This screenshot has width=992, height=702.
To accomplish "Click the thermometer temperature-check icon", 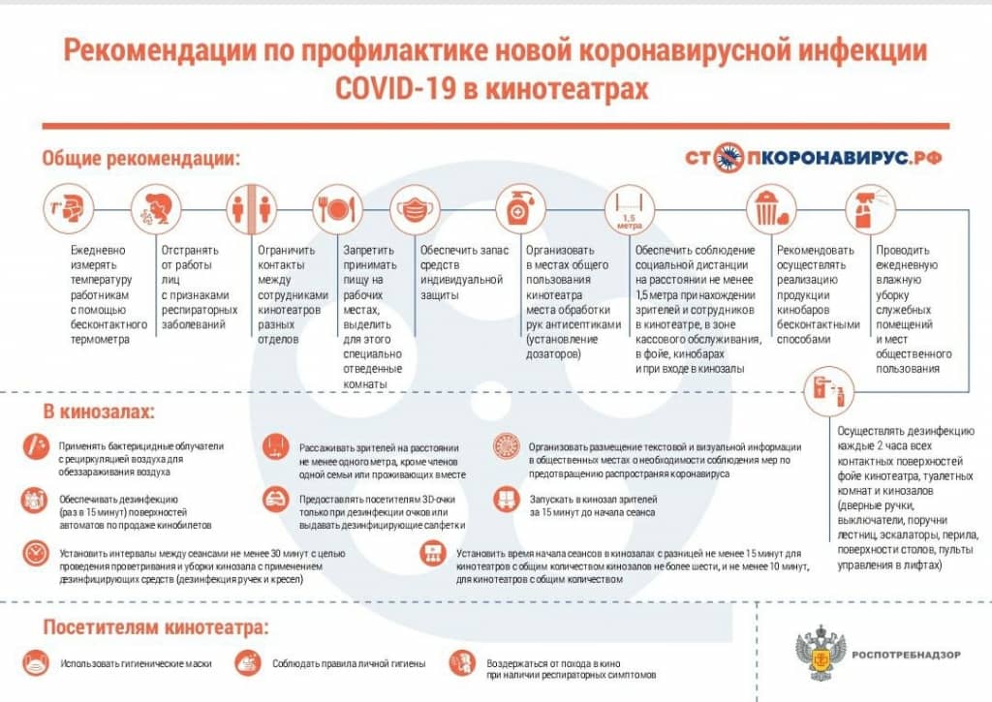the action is click(x=70, y=208).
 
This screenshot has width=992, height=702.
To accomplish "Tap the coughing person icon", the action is click(x=156, y=208).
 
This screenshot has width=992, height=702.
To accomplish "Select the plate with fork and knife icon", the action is click(x=338, y=208).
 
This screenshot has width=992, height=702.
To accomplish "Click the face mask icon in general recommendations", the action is click(x=415, y=208).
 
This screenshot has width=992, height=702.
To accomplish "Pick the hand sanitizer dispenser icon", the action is click(x=520, y=208).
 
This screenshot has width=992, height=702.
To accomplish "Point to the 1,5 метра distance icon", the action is click(x=630, y=208).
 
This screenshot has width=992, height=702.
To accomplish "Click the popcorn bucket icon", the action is click(x=771, y=208).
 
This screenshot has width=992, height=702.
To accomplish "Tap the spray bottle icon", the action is click(x=871, y=208).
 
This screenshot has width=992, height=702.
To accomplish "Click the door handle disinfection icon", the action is click(x=829, y=391).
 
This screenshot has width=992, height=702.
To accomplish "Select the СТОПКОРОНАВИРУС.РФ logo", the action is click(x=814, y=158).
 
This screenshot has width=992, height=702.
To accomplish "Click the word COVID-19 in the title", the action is click(x=395, y=88).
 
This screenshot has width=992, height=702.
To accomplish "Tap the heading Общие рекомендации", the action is click(x=141, y=158).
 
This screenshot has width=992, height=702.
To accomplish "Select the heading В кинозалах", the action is click(x=99, y=412).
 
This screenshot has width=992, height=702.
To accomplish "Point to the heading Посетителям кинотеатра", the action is click(x=156, y=627).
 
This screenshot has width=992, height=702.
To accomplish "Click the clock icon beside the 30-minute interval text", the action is click(x=36, y=554).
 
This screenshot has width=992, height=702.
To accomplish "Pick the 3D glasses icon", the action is click(x=276, y=499).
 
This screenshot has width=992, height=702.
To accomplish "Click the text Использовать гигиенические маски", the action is click(x=137, y=664).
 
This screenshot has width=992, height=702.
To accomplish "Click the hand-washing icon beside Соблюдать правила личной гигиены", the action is click(x=247, y=663).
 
